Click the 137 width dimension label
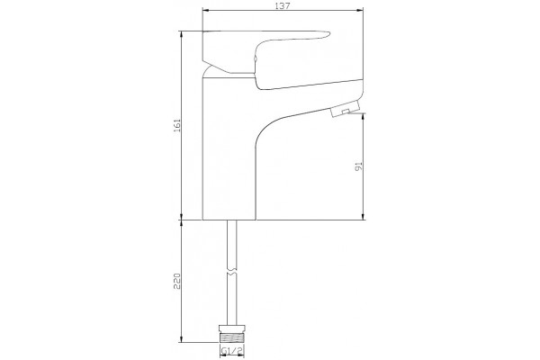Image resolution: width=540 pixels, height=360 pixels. (283, 5)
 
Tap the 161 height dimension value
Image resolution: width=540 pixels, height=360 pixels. (177, 125)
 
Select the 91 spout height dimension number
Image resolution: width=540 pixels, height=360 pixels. (359, 166)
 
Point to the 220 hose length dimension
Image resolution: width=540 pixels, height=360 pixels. (177, 281)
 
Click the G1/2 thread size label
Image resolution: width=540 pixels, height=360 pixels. (232, 351)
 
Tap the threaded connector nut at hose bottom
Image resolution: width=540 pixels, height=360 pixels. (232, 333)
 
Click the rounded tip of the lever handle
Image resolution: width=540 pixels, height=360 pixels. (327, 34)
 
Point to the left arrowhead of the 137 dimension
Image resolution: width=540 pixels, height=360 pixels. (205, 10)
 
